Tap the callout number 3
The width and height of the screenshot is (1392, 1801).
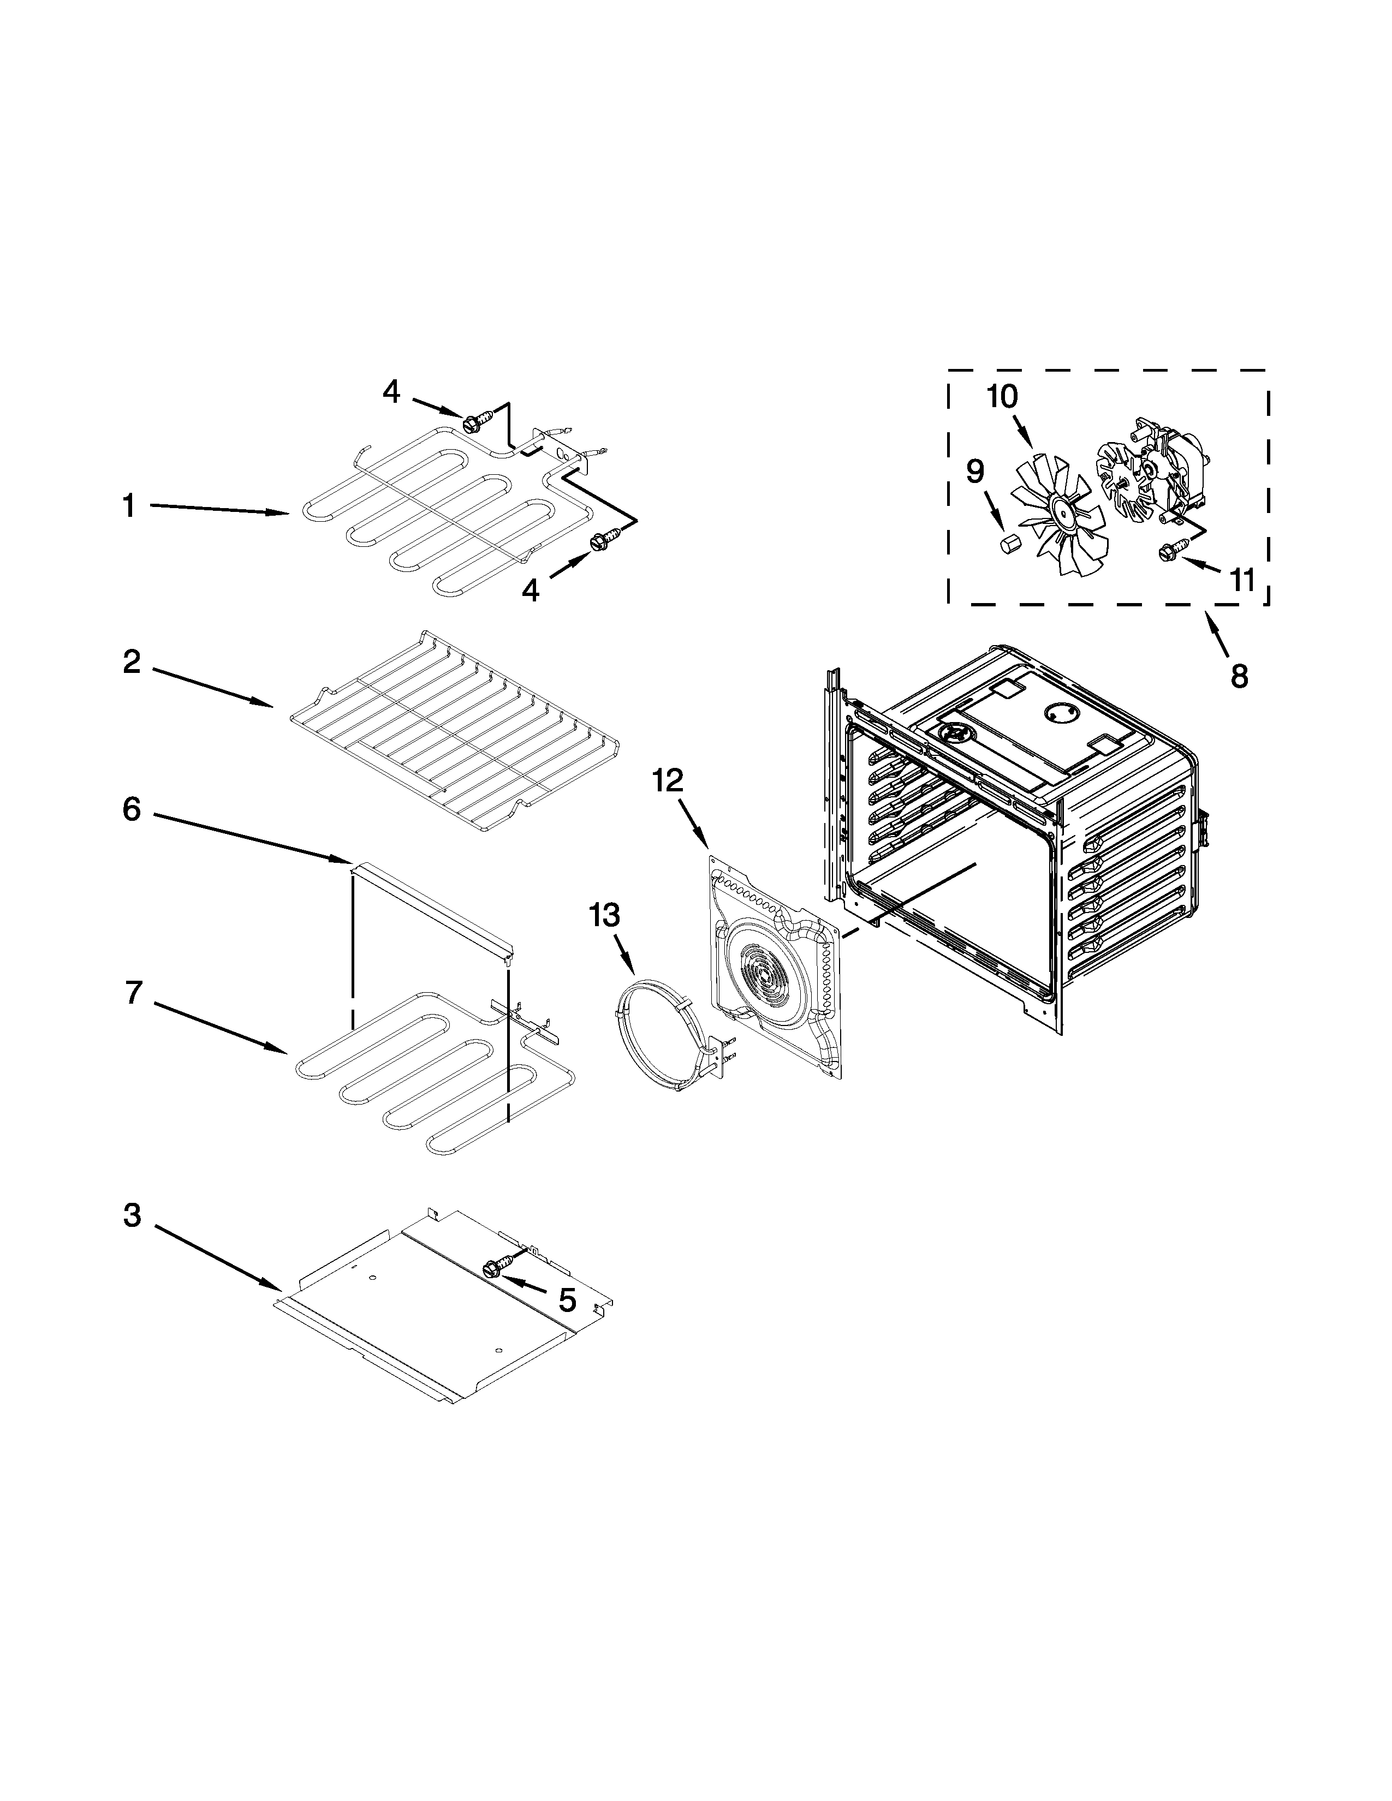[x=132, y=1215]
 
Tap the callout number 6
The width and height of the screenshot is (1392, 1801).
[x=132, y=810]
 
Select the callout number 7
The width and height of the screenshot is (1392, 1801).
[x=134, y=993]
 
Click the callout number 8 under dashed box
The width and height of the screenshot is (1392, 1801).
[x=1239, y=676]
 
